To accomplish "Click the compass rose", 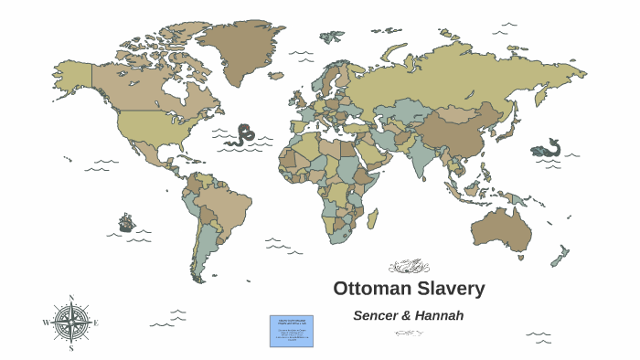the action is (x=70, y=322).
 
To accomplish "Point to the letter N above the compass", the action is (x=70, y=298).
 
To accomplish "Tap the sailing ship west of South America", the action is (x=126, y=222).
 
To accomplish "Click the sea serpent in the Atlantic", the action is (x=242, y=135).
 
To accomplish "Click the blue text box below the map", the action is (x=291, y=331).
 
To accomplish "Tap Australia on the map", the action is (x=499, y=228).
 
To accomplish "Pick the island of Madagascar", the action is (x=372, y=219).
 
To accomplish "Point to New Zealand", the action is (x=560, y=256).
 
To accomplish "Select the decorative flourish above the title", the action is (x=408, y=267).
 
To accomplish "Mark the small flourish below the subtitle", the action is (x=408, y=333).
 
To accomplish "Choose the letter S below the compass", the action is (x=70, y=348).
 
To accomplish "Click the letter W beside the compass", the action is (x=45, y=323).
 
